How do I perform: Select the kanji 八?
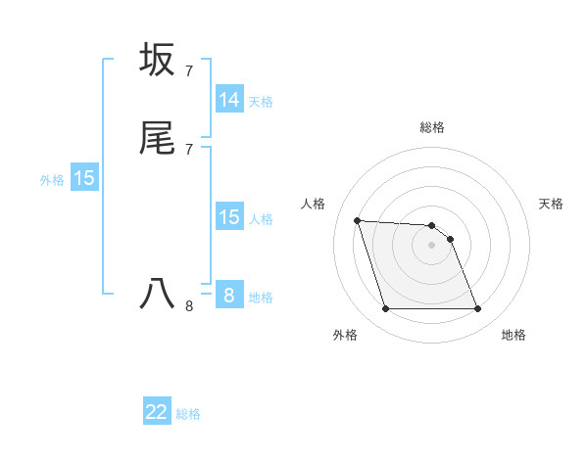[157, 294]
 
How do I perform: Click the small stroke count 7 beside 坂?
[188, 71]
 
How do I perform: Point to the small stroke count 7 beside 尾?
[188, 149]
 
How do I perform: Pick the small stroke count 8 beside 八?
[188, 306]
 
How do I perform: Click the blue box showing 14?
[229, 100]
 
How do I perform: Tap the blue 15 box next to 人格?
[229, 217]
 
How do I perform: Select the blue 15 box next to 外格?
[84, 178]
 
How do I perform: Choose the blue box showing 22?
[157, 412]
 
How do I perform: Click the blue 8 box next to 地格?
[229, 295]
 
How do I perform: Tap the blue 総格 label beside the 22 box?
[188, 414]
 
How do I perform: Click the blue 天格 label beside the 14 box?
[261, 102]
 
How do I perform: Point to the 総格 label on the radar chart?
[432, 127]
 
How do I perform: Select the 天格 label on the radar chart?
[551, 204]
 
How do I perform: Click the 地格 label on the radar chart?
[514, 335]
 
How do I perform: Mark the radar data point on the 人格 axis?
[357, 220]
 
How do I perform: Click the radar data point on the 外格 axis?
[385, 309]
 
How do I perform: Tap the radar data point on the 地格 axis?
[478, 309]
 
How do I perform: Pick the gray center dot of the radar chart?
[432, 245]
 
